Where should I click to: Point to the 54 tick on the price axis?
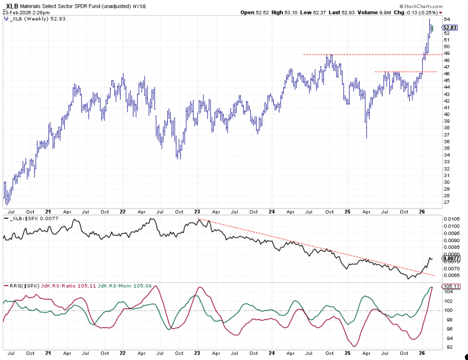click(447, 20)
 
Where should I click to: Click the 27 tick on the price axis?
click(447, 203)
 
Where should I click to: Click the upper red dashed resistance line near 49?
click(364, 55)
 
